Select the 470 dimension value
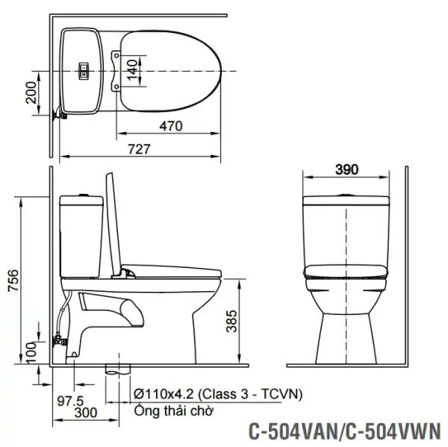169,126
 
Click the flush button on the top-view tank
84,71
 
